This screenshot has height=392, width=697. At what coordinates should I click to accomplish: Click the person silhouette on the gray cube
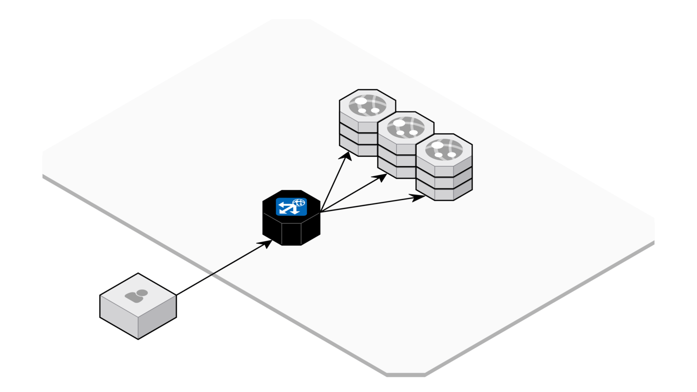(137, 296)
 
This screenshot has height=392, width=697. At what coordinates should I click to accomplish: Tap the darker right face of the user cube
(157, 317)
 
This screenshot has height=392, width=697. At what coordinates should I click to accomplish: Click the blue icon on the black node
(291, 206)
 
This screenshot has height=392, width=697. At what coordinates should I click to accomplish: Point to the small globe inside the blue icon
(299, 202)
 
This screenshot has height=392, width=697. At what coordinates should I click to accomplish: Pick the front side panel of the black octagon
(291, 234)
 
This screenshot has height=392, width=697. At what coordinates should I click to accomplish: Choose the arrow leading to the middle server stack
(351, 194)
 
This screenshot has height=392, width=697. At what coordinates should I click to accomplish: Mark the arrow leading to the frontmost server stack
(368, 204)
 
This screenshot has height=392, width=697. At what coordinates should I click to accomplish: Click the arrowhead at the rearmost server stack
(347, 156)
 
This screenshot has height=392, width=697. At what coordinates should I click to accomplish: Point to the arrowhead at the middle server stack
(380, 177)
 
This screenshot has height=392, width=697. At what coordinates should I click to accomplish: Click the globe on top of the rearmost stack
(367, 105)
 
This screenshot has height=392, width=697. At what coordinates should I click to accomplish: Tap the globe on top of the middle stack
(406, 127)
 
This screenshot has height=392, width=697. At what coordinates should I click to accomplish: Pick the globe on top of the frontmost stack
(444, 149)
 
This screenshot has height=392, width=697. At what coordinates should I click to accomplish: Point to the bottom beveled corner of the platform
(406, 374)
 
